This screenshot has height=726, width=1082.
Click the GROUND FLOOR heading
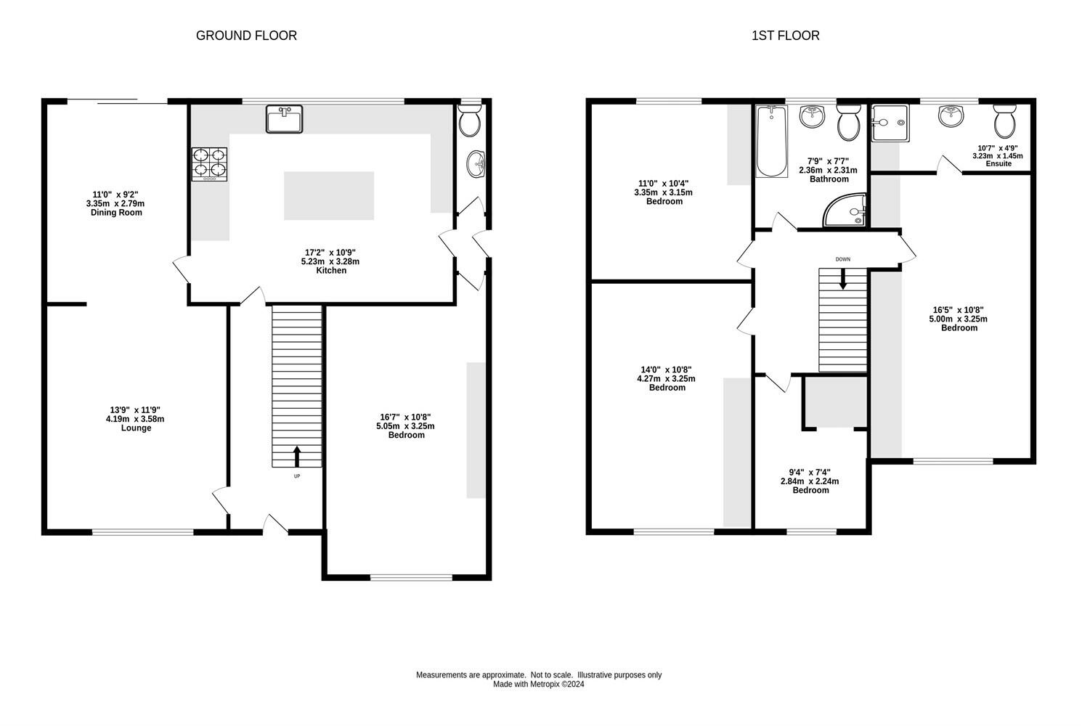tap(246, 36)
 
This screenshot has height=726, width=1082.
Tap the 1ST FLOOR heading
tap(786, 36)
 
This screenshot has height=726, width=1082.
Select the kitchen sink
tap(284, 119)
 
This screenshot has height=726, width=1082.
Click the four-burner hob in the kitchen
tap(210, 164)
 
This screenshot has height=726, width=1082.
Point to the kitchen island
tap(329, 195)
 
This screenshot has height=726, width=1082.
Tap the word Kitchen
tap(331, 271)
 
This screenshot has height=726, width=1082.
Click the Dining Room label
tap(116, 213)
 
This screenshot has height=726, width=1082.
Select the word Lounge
tap(137, 428)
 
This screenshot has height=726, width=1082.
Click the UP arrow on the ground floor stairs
tap(297, 457)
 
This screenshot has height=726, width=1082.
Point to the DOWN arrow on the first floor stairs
tap(843, 279)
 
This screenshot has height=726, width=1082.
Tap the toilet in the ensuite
tap(1005, 121)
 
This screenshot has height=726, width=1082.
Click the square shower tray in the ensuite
tap(890, 123)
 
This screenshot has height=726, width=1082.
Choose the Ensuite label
tap(998, 164)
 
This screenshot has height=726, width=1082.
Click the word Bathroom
tap(829, 179)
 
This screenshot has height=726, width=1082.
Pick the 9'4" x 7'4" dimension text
tap(810, 473)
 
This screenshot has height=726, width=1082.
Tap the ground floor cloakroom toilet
tap(469, 121)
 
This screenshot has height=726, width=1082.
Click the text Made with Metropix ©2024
tap(539, 685)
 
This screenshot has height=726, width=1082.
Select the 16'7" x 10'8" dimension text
tap(405, 417)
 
